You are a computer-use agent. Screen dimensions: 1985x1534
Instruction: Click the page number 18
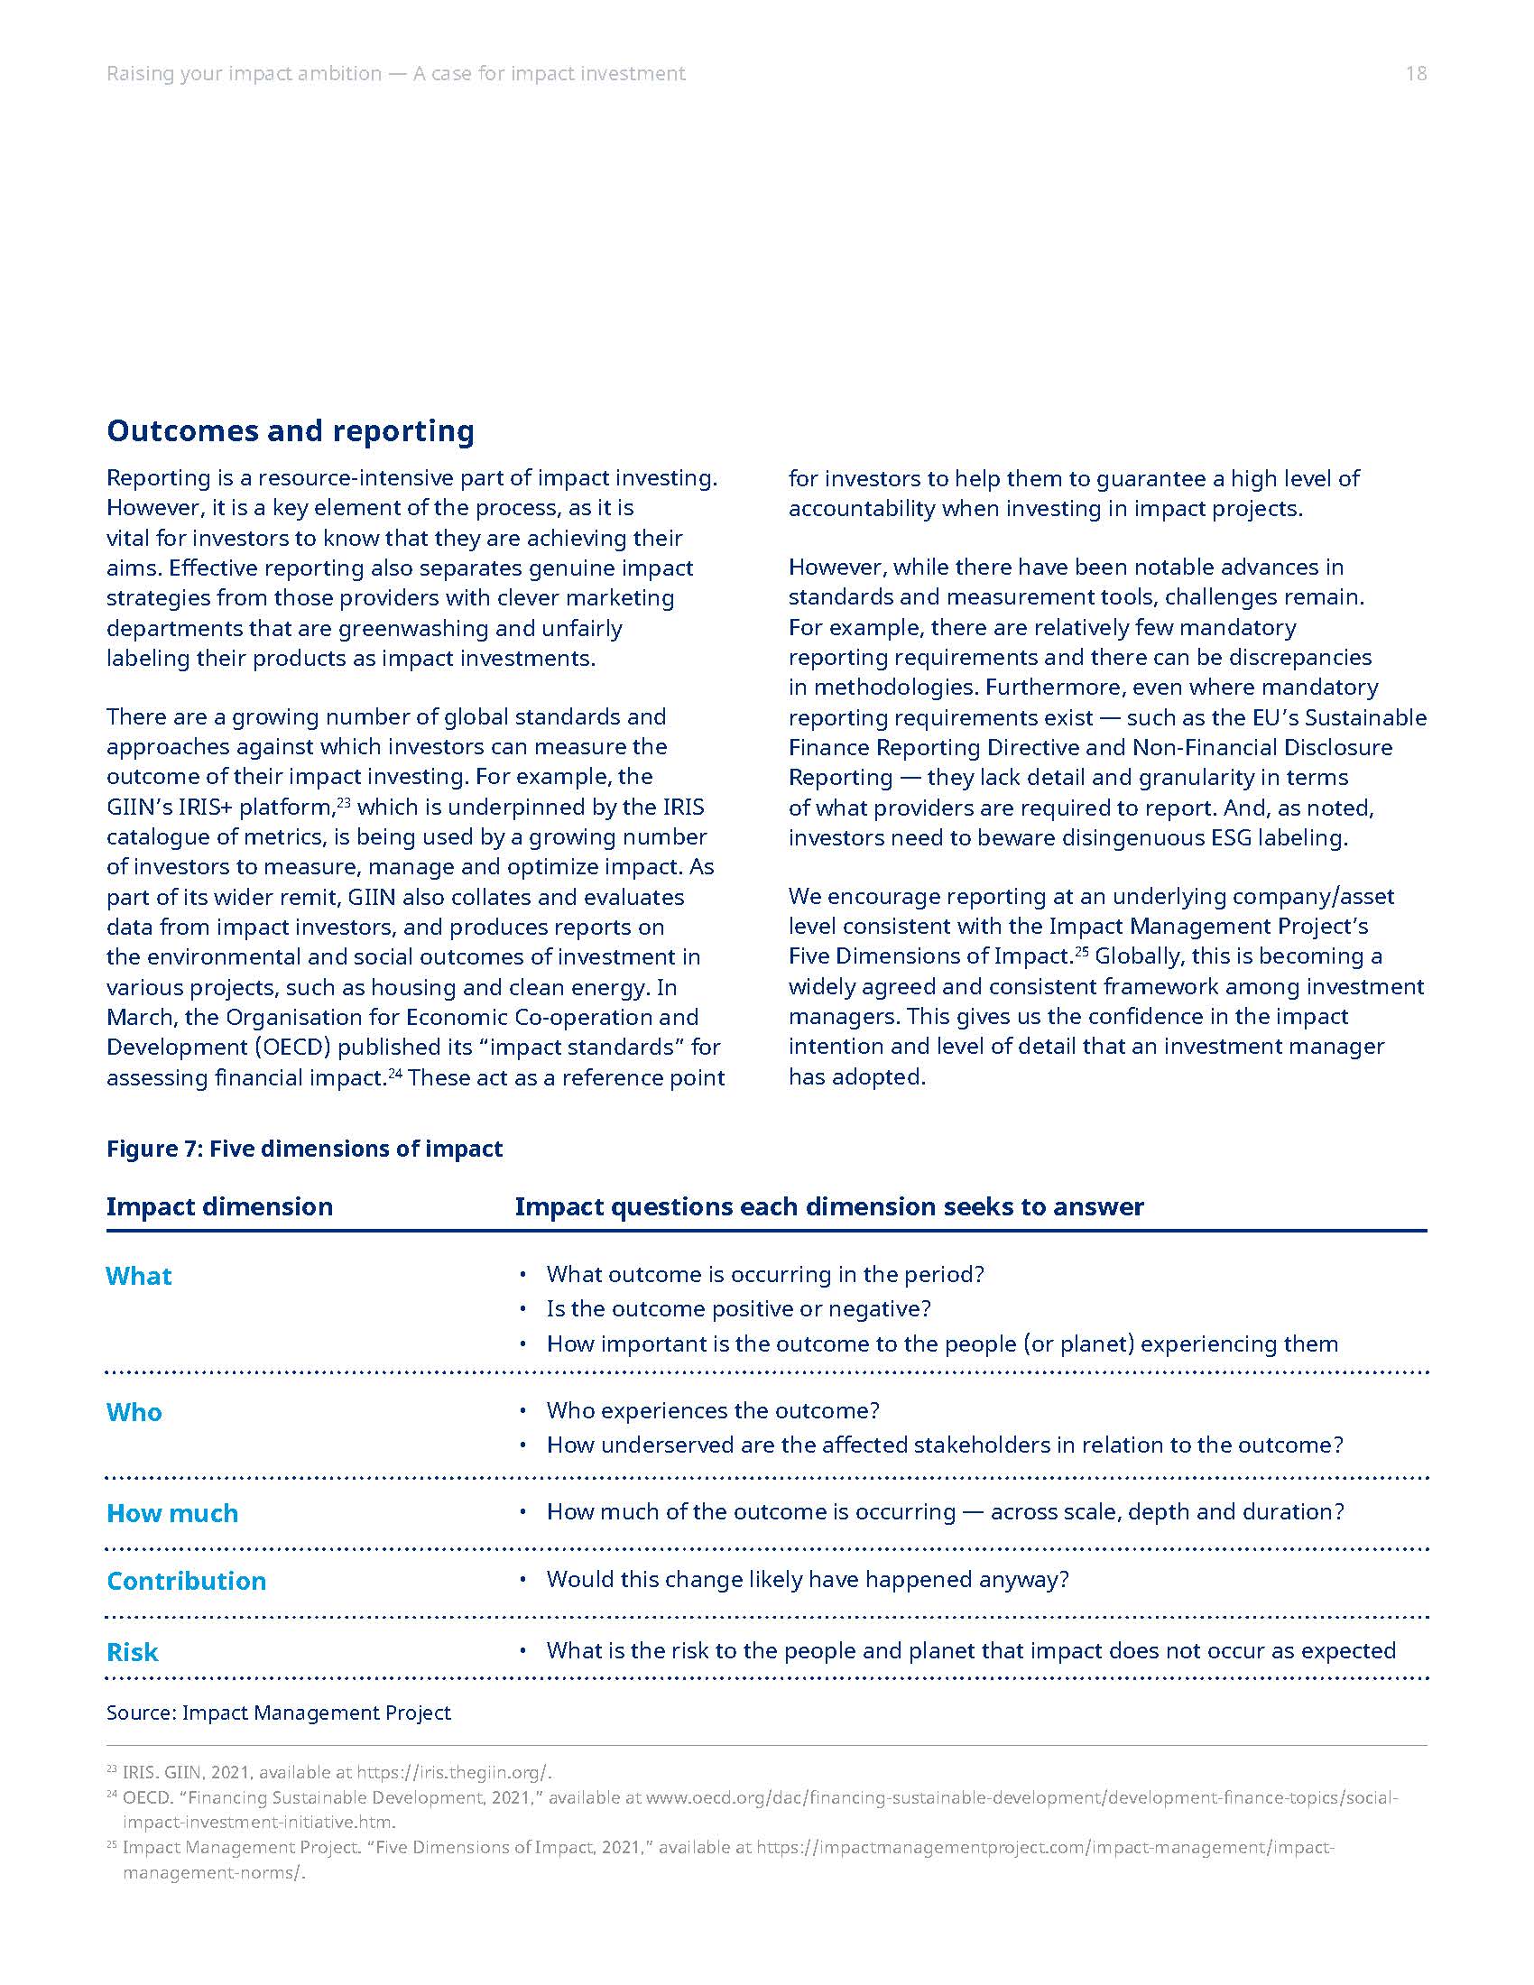pos(1415,74)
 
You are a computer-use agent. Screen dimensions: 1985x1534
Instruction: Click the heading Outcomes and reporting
pos(290,430)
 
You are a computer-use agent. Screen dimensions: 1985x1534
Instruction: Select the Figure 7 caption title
pos(303,1149)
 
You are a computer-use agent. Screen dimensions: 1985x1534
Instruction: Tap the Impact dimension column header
pos(219,1206)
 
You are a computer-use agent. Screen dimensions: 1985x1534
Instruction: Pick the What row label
pos(138,1276)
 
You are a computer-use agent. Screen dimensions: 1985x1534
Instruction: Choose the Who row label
pos(134,1412)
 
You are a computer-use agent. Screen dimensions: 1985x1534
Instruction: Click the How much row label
pos(171,1513)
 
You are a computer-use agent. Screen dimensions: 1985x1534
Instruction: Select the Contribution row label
pos(186,1581)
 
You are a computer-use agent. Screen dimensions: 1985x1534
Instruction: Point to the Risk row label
pos(132,1652)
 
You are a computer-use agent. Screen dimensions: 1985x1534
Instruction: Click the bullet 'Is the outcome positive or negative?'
pos(738,1309)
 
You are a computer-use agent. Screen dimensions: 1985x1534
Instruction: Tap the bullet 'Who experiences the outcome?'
pos(713,1410)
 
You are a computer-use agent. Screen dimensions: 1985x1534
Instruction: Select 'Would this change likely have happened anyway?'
pos(807,1580)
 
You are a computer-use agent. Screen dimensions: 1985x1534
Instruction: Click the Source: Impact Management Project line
pos(278,1713)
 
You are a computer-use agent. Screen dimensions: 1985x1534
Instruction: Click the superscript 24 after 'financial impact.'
pos(395,1072)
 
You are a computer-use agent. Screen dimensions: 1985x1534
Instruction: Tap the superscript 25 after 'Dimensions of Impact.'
pos(1082,950)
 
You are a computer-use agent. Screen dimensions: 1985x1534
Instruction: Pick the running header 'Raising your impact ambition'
pos(244,74)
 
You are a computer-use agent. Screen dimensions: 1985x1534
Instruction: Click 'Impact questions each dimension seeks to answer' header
pos(828,1206)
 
